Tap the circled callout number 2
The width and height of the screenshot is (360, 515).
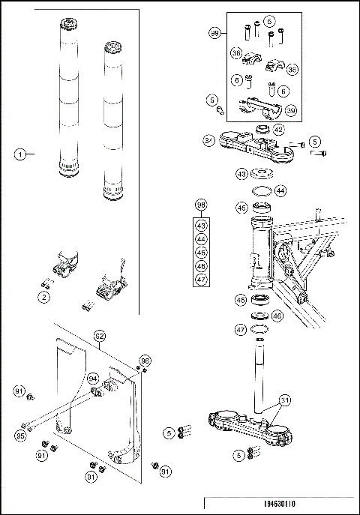(x=44, y=298)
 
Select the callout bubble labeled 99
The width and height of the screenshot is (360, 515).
(x=215, y=34)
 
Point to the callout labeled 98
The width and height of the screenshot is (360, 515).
(x=200, y=205)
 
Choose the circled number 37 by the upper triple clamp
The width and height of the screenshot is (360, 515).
(x=210, y=140)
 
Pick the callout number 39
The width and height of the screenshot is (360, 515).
(x=290, y=109)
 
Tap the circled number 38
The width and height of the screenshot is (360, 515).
(x=235, y=54)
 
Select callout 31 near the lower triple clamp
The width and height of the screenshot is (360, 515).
(x=285, y=400)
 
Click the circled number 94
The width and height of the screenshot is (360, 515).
(x=93, y=379)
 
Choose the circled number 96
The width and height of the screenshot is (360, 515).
(x=145, y=360)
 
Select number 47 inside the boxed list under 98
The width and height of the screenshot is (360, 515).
(x=200, y=279)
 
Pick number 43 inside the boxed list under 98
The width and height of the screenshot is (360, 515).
(x=200, y=225)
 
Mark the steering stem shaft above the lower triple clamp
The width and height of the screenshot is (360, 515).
(x=260, y=375)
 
